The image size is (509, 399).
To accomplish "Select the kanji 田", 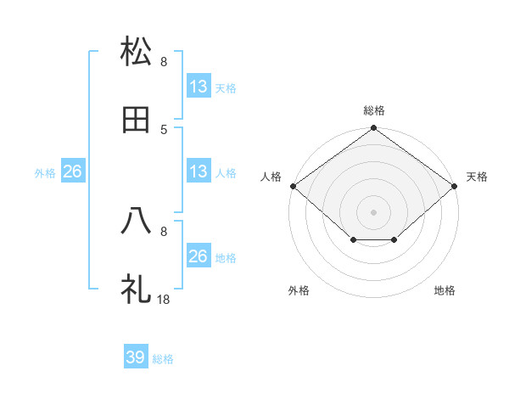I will pyautogui.click(x=137, y=120).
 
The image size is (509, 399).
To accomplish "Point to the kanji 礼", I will pyautogui.click(x=137, y=289).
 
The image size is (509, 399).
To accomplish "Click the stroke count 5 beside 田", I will pyautogui.click(x=164, y=129).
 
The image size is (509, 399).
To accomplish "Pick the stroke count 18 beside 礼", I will pyautogui.click(x=165, y=299).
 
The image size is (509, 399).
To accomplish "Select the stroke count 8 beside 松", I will pyautogui.click(x=164, y=61).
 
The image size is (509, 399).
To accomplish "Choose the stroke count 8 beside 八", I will pyautogui.click(x=164, y=230).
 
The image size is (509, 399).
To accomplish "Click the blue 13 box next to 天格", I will pyautogui.click(x=199, y=87).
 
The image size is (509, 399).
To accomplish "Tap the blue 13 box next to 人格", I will pyautogui.click(x=199, y=171).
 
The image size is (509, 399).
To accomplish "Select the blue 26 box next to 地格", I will pyautogui.click(x=199, y=256).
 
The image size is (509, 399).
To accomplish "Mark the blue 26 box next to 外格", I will pyautogui.click(x=72, y=171).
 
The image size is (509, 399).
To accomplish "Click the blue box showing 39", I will pyautogui.click(x=136, y=357).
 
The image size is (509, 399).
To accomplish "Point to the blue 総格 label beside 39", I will pyautogui.click(x=164, y=359).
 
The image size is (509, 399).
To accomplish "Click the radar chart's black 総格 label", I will pyautogui.click(x=374, y=111).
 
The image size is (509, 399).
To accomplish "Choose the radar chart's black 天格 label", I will pyautogui.click(x=478, y=177).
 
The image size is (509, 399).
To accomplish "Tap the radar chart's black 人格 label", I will pyautogui.click(x=271, y=177).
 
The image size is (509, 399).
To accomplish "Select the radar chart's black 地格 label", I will pyautogui.click(x=445, y=291).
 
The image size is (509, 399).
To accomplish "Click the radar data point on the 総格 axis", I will pyautogui.click(x=374, y=129).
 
